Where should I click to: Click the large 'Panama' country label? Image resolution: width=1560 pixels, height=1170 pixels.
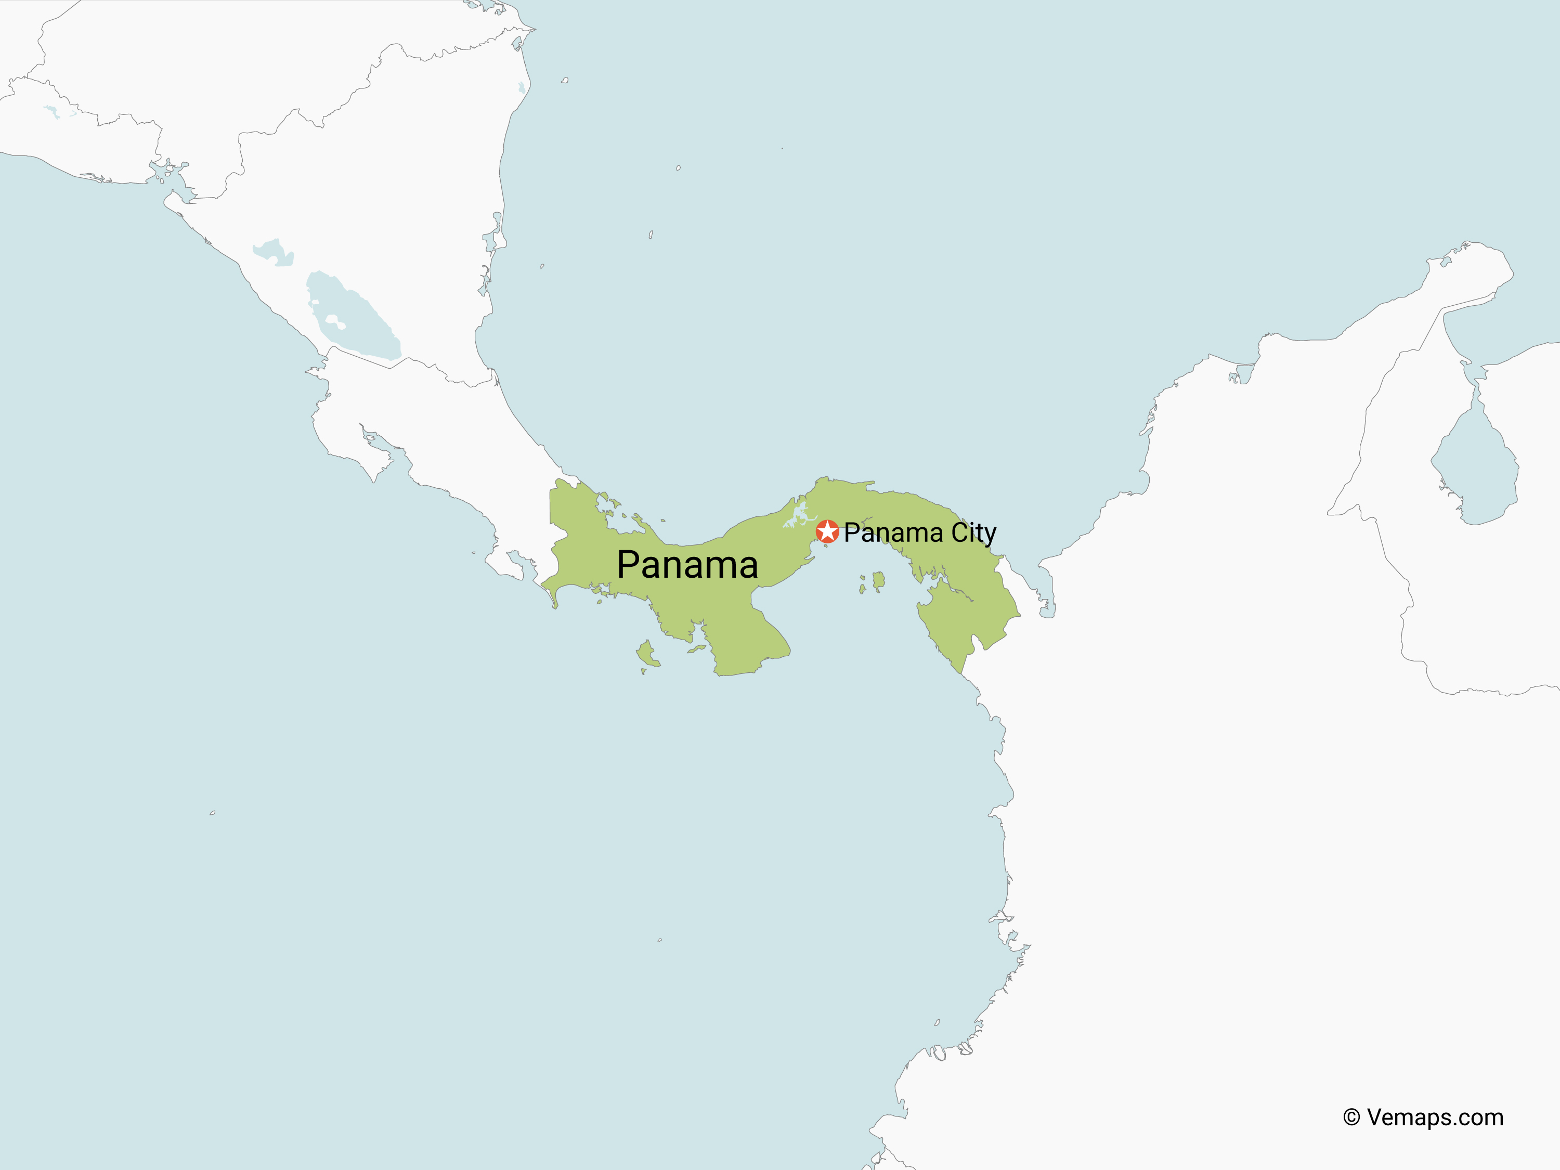687,564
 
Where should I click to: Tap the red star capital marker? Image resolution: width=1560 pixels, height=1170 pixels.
827,531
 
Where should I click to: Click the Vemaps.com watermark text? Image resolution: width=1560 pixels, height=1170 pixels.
1435,1118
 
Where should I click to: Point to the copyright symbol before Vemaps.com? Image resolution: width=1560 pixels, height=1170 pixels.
1351,1118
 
